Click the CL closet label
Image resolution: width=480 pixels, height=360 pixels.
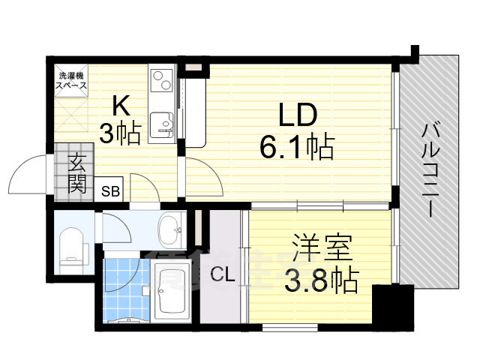222,275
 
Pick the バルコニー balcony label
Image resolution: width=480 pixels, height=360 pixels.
430,169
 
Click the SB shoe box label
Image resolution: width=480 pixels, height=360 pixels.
110,191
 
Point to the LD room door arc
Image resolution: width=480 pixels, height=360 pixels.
203,176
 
